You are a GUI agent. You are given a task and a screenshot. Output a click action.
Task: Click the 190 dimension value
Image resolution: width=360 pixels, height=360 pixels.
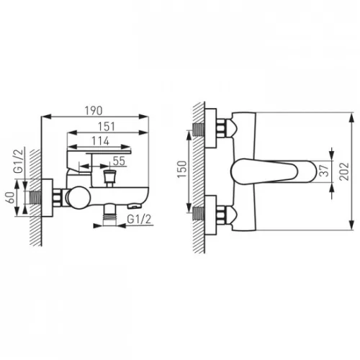click(x=94, y=111)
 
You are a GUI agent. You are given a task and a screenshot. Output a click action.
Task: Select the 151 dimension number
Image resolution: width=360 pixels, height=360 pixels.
click(x=107, y=127)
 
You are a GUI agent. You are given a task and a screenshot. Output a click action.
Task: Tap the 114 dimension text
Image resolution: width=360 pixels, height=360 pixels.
click(x=101, y=141)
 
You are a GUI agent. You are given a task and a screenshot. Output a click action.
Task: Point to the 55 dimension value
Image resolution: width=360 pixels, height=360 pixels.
click(x=119, y=161)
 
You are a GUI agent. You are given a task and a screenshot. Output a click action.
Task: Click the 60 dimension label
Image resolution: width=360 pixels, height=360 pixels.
click(x=12, y=198)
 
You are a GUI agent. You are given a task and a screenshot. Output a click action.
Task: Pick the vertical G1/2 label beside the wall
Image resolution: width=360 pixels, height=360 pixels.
click(x=19, y=161)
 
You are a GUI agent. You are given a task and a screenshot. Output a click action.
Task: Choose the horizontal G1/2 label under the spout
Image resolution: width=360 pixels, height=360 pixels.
click(x=139, y=219)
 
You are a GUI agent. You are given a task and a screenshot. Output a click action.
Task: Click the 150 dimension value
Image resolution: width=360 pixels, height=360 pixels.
click(x=182, y=169)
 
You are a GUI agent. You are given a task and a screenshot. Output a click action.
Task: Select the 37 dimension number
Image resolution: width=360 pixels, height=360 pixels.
click(x=325, y=171)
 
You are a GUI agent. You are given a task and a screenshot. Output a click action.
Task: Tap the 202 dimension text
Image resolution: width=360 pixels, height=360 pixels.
click(x=344, y=171)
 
